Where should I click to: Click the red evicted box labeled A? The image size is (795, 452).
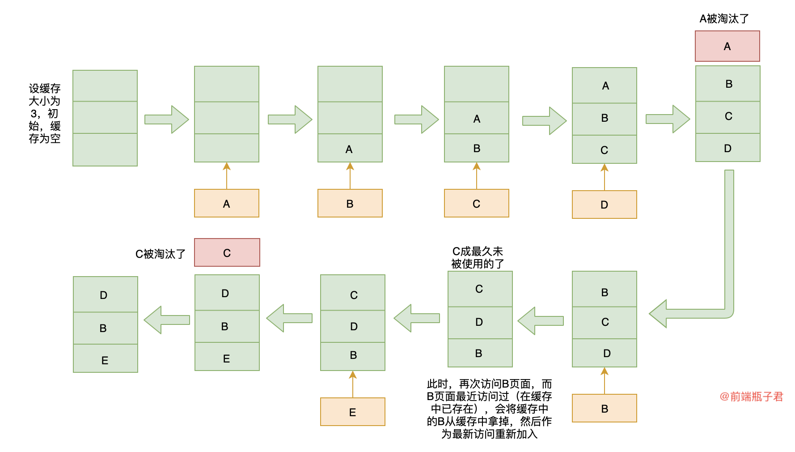click(x=727, y=46)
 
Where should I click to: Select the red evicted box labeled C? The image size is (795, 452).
click(x=227, y=253)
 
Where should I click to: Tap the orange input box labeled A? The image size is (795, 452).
click(x=226, y=204)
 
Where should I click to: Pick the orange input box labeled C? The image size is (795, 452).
click(x=476, y=204)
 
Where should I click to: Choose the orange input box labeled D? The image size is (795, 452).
click(x=604, y=205)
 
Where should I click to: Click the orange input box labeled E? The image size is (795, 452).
click(x=352, y=412)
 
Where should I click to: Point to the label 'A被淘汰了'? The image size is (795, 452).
click(x=724, y=19)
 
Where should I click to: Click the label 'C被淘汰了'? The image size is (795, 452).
click(x=160, y=254)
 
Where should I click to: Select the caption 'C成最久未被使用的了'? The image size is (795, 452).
click(x=478, y=258)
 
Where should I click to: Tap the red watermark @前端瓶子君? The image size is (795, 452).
click(x=751, y=397)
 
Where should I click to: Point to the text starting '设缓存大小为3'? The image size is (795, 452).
click(x=44, y=114)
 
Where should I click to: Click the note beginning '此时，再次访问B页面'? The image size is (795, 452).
click(x=489, y=409)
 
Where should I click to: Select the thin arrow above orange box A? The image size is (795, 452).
click(x=227, y=175)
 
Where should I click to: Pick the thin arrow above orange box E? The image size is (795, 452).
click(x=353, y=384)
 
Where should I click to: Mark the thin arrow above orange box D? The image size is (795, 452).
click(x=605, y=177)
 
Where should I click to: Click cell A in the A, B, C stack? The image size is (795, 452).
click(x=605, y=85)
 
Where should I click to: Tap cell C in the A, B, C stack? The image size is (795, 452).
click(x=605, y=149)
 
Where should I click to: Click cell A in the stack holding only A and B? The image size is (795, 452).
click(x=477, y=118)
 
